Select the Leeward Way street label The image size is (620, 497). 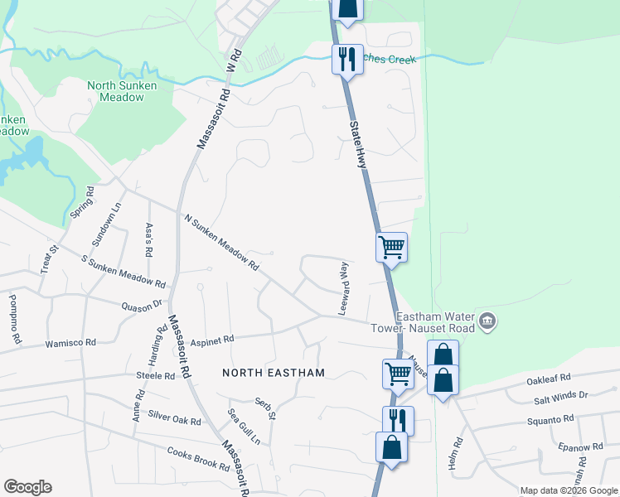pyautogui.click(x=342, y=288)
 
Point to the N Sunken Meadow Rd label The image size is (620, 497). pyautogui.click(x=221, y=244)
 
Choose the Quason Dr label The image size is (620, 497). pyautogui.click(x=140, y=306)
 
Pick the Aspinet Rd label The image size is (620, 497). pyautogui.click(x=212, y=338)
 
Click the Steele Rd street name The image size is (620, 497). pyautogui.click(x=156, y=375)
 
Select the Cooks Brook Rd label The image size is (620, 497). pyautogui.click(x=198, y=459)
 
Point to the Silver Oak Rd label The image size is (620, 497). pyautogui.click(x=174, y=417)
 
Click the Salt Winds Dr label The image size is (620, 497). pyautogui.click(x=560, y=397)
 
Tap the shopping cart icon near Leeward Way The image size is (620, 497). pyautogui.click(x=391, y=246)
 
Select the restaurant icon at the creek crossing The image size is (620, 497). pyautogui.click(x=347, y=58)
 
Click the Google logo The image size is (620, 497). pyautogui.click(x=27, y=487)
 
